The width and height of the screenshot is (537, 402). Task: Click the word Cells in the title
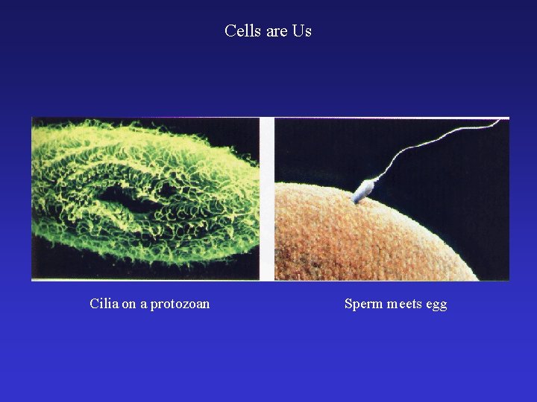click(240, 31)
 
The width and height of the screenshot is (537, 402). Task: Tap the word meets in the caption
click(404, 304)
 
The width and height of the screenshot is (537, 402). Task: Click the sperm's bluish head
click(363, 190)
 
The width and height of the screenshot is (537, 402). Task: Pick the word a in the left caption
click(143, 304)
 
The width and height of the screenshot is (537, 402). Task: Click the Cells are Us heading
click(268, 31)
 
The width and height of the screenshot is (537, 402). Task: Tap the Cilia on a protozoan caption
click(149, 304)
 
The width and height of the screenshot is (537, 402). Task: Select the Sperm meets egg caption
click(395, 304)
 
